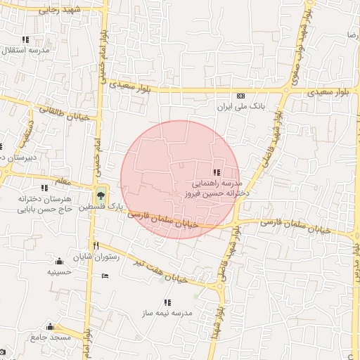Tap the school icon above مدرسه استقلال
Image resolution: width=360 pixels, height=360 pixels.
tap(26, 40)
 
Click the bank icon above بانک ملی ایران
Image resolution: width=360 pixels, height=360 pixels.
tap(241, 96)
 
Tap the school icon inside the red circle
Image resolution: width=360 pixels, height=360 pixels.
tap(217, 172)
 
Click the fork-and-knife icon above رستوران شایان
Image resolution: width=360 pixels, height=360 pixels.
tap(96, 247)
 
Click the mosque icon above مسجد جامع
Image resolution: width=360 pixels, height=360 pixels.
tap(50, 327)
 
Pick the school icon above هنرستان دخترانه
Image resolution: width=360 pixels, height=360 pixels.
tap(45, 188)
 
